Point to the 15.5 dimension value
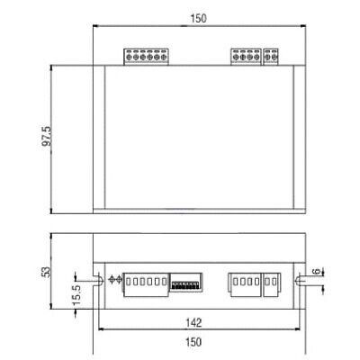[79, 293]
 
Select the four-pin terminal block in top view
[246, 57]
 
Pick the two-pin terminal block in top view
[271, 57]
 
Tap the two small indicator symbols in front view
[114, 280]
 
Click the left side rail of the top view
[99, 139]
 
